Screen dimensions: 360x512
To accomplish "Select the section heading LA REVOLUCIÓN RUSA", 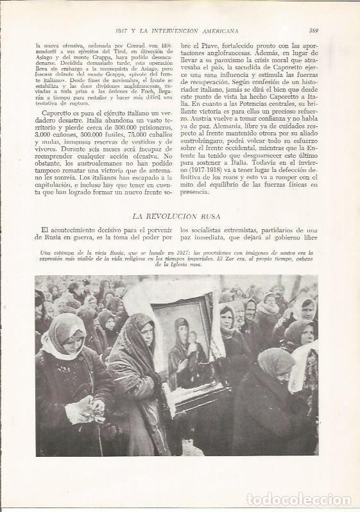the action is tap(180, 216).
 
